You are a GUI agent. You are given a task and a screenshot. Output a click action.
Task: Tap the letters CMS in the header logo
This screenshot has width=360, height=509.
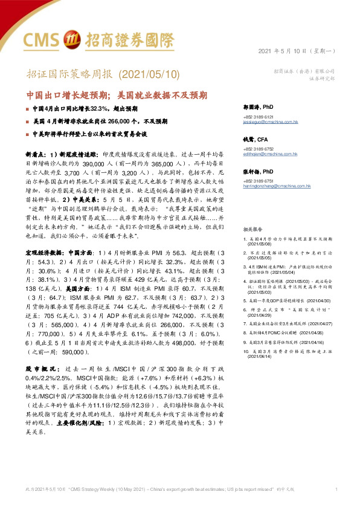pos(40,40)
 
